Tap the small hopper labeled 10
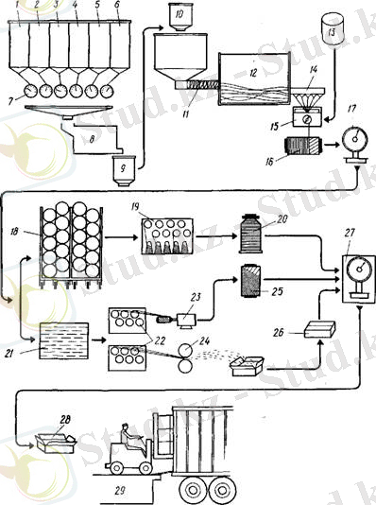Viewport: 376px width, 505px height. point(175,15)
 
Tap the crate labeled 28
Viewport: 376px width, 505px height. point(54,439)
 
